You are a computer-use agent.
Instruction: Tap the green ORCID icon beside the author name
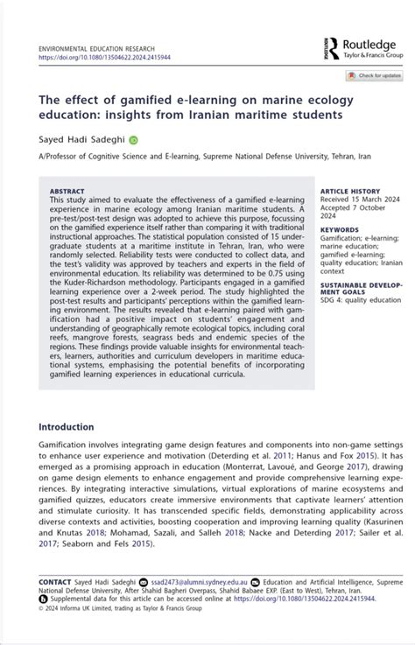coord(134,138)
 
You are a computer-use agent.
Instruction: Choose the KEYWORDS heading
coord(340,229)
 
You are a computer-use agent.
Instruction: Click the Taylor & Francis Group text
coord(372,55)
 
